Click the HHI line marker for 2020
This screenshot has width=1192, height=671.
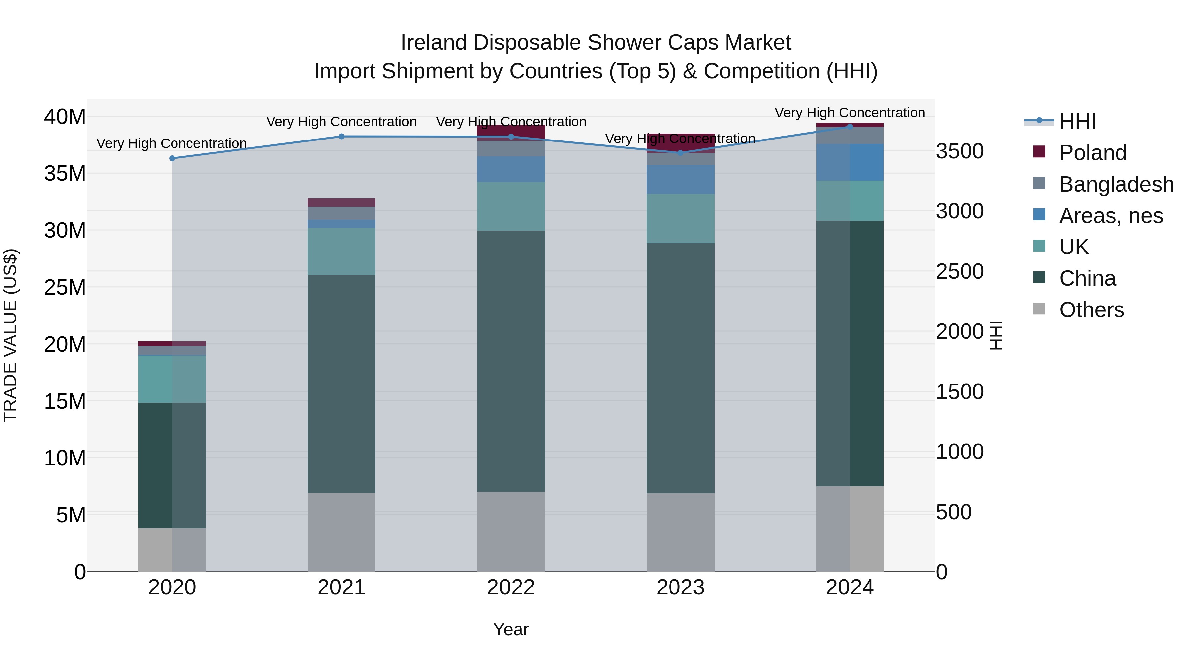[x=172, y=158]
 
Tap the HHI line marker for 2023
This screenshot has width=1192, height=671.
[x=680, y=152]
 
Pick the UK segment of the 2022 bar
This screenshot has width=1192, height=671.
[x=511, y=206]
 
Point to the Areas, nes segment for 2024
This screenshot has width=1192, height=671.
[x=850, y=162]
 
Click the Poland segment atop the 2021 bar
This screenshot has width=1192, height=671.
[x=341, y=202]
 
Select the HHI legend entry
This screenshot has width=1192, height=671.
[x=1077, y=121]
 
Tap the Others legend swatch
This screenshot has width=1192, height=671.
[x=1039, y=309]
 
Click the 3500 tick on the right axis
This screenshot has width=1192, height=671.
[x=959, y=151]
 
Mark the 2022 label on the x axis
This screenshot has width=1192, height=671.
[x=511, y=587]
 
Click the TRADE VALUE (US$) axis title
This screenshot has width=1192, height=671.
[x=10, y=335]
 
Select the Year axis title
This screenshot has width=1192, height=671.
[x=511, y=629]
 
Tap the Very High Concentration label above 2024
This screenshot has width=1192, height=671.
[x=850, y=113]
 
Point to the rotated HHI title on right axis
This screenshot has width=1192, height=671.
[x=995, y=335]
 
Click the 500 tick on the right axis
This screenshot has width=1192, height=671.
[x=953, y=512]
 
